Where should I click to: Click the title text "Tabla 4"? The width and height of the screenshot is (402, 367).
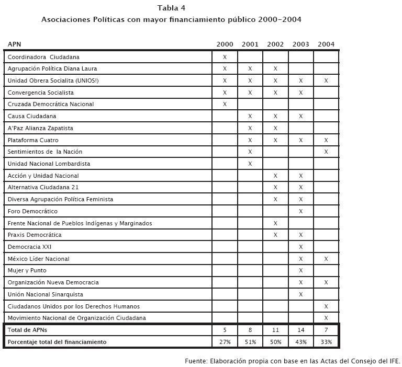pyautogui.click(x=171, y=8)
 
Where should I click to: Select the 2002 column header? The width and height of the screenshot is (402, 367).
pyautogui.click(x=275, y=44)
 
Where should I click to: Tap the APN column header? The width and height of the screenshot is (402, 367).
pyautogui.click(x=14, y=44)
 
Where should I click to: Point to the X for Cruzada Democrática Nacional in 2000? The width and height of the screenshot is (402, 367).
pyautogui.click(x=225, y=104)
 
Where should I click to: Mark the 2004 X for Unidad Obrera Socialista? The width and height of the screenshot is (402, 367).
pyautogui.click(x=326, y=81)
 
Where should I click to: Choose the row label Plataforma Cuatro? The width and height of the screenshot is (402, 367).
pyautogui.click(x=33, y=140)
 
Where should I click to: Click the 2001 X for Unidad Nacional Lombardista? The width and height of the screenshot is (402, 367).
pyautogui.click(x=250, y=164)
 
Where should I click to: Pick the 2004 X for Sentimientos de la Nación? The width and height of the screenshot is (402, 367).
pyautogui.click(x=326, y=152)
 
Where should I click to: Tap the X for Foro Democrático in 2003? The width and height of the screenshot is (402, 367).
pyautogui.click(x=301, y=211)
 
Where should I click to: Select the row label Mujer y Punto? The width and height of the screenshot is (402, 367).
pyautogui.click(x=27, y=270)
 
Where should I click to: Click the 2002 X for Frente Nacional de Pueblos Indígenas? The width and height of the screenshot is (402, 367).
pyautogui.click(x=275, y=223)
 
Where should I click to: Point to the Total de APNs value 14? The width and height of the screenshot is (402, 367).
pyautogui.click(x=301, y=330)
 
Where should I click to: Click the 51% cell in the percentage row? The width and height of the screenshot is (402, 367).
pyautogui.click(x=250, y=342)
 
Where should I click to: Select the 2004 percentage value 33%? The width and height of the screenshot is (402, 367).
pyautogui.click(x=326, y=342)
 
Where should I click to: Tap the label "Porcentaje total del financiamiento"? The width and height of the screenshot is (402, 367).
pyautogui.click(x=57, y=342)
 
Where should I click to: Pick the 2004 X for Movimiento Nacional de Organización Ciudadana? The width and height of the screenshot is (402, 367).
pyautogui.click(x=326, y=318)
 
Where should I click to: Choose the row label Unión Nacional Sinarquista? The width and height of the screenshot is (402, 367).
pyautogui.click(x=46, y=294)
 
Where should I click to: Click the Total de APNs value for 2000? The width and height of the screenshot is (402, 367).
pyautogui.click(x=225, y=330)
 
